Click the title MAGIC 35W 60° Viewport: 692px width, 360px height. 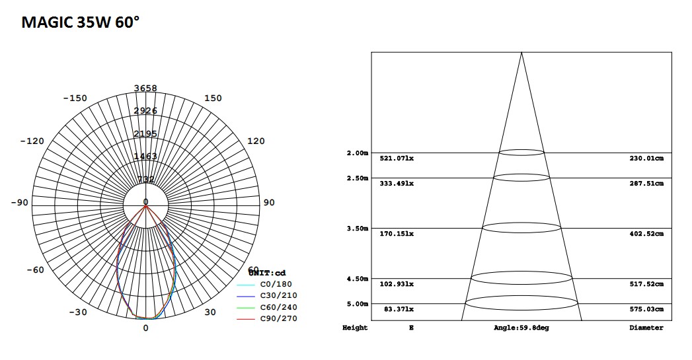[81, 22]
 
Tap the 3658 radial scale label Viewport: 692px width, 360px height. [145, 89]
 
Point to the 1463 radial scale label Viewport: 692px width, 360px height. [145, 157]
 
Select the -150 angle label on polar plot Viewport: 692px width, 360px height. [75, 98]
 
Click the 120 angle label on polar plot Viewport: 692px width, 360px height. [255, 141]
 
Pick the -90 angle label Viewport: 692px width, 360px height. [19, 203]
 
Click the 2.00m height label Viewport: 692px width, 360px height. [357, 153]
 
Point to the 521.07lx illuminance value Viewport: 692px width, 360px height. [397, 159]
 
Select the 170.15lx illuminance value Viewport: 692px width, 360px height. [397, 234]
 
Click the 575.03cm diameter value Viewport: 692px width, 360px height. [646, 308]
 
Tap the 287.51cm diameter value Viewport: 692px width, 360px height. [646, 184]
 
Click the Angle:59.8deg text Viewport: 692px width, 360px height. [521, 328]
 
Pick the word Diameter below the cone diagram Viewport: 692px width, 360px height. [646, 328]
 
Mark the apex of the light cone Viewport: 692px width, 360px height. [521, 53]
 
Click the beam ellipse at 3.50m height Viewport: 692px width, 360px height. [521, 227]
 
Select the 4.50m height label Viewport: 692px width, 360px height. [357, 279]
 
